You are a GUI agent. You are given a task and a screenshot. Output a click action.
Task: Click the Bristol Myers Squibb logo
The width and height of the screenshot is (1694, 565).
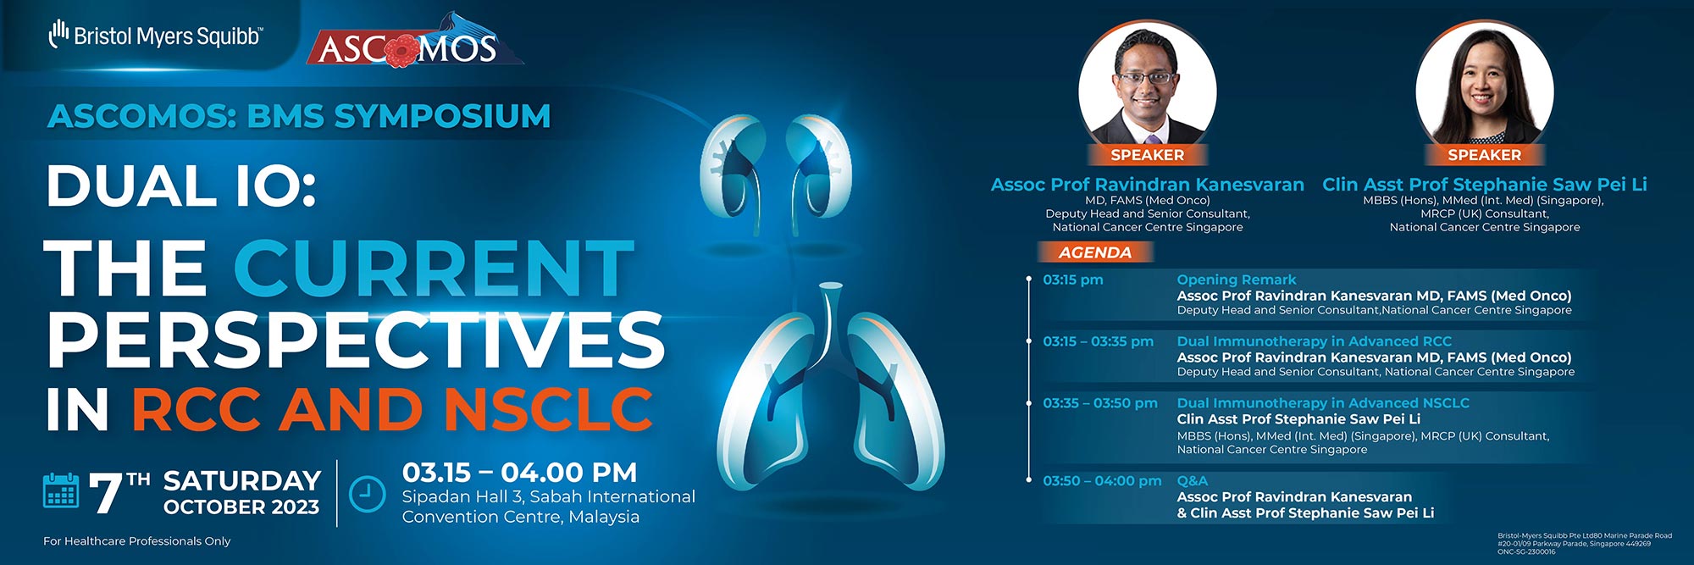tap(156, 35)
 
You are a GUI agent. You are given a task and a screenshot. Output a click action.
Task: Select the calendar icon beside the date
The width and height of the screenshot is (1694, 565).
tap(61, 491)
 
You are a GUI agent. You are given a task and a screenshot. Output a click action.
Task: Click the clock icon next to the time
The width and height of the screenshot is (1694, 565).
tap(368, 494)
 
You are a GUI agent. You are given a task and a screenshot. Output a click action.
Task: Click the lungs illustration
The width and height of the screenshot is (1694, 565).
tap(830, 398)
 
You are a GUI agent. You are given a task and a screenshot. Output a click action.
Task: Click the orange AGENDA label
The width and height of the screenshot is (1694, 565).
tap(1095, 252)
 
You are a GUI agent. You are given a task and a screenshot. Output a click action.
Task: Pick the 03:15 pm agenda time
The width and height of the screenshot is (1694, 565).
tap(1073, 280)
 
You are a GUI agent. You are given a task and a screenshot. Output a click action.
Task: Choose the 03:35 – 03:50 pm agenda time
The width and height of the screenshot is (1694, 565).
tap(1100, 403)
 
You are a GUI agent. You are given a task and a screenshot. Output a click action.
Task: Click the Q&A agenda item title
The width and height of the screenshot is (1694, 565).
tap(1193, 480)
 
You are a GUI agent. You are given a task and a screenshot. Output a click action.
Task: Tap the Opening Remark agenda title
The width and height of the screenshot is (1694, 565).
tap(1237, 280)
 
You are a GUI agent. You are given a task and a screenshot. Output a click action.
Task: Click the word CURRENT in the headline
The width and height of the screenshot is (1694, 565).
tap(434, 269)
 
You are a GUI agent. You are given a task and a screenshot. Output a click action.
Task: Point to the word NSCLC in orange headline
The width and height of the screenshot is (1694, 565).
tap(549, 409)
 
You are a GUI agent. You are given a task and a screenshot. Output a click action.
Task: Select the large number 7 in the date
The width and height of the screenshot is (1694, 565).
tap(106, 493)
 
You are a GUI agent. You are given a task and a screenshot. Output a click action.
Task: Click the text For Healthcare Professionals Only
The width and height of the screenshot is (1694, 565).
tap(137, 541)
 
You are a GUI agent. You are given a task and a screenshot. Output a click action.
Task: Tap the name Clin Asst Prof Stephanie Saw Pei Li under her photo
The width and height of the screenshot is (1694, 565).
tap(1485, 184)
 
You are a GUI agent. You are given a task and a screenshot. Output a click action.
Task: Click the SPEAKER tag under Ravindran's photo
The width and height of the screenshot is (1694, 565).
tap(1148, 155)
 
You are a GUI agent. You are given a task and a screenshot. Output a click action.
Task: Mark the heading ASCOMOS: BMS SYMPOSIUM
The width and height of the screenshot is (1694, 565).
tap(299, 116)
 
